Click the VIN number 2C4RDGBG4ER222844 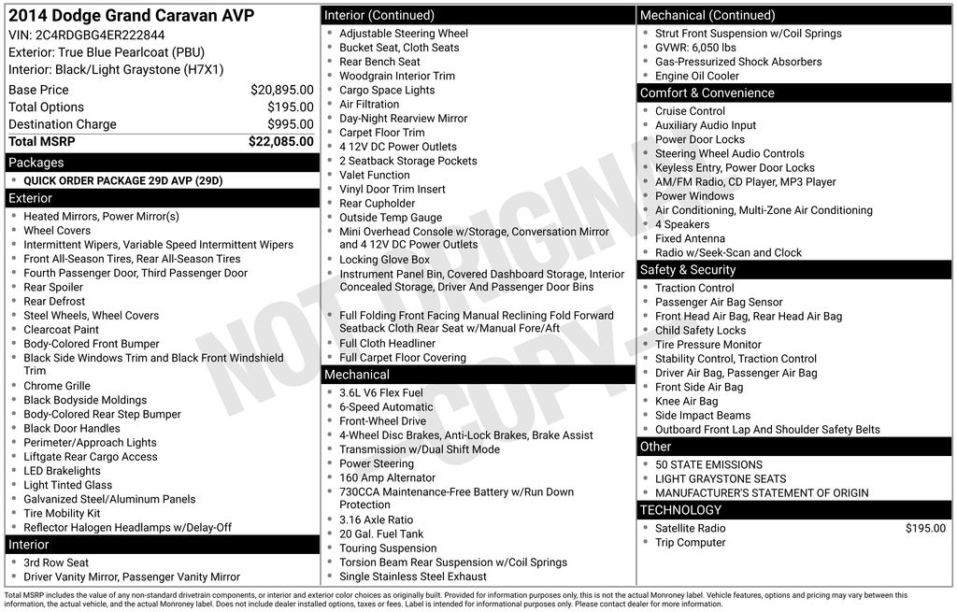coord(100,35)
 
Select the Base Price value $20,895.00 coord(281,90)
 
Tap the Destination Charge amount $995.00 coord(290,124)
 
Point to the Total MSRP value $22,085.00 coord(280,142)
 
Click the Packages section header coord(36,163)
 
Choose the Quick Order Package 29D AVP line coord(122,181)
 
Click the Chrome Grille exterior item coord(57,386)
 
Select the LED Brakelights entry coord(62,471)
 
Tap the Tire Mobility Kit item coord(62,513)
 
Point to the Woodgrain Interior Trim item coord(397,76)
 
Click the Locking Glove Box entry coord(384,260)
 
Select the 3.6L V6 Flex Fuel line coord(381,392)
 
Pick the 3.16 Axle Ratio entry coord(376,519)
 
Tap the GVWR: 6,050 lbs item coord(695,48)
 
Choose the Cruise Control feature coord(690,111)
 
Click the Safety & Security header coord(688,270)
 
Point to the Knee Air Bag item coord(686,401)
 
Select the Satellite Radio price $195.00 coord(925,528)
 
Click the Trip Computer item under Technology coord(690,542)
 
